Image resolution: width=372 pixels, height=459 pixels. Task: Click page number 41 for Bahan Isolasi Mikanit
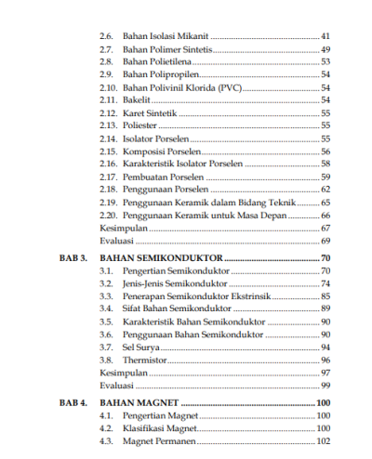(325, 35)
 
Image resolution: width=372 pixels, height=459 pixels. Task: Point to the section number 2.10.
(108, 86)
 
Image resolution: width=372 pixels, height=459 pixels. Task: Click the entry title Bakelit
(138, 99)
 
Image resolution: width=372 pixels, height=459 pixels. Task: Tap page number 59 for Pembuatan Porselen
(325, 177)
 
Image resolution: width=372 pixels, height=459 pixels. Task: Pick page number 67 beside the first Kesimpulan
(325, 228)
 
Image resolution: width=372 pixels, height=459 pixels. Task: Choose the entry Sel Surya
(140, 347)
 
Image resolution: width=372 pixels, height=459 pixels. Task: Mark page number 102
(323, 442)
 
